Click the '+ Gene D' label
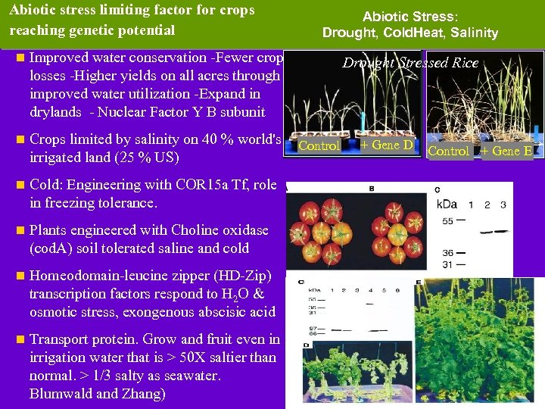tap(387, 145)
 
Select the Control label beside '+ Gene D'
tap(319, 145)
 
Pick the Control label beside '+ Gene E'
tap(448, 151)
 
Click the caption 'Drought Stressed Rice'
tap(410, 63)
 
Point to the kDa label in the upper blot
tap(447, 204)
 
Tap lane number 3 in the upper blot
tap(503, 205)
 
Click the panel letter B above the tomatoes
tap(372, 189)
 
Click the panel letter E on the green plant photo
tap(419, 283)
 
